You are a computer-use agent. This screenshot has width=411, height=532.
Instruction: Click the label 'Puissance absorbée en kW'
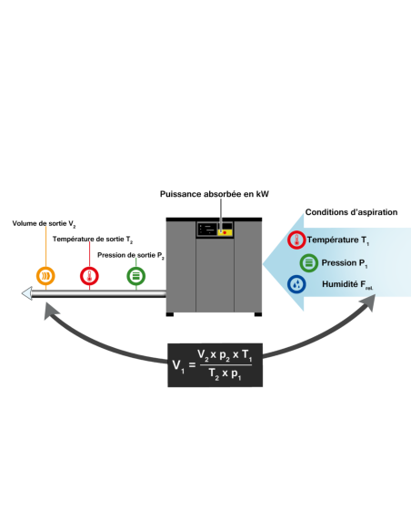click(215, 194)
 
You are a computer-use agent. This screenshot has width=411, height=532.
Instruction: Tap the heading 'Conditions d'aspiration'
click(351, 212)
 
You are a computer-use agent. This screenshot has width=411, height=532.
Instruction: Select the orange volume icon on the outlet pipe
click(45, 276)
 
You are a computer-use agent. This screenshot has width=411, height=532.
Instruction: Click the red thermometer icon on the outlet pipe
click(89, 276)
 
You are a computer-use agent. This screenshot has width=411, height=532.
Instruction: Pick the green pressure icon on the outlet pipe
click(136, 276)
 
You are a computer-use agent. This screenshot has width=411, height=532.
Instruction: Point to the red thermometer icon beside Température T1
click(296, 240)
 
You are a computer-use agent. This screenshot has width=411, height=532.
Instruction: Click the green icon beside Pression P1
click(309, 263)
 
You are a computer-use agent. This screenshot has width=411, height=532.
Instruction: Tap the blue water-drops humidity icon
click(296, 284)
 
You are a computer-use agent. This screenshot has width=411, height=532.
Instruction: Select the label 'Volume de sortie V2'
click(44, 224)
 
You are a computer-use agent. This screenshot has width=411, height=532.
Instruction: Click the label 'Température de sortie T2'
click(93, 240)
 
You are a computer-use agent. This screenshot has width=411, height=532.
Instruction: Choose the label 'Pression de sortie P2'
click(131, 255)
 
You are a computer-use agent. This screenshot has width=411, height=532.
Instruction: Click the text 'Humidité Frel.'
click(347, 284)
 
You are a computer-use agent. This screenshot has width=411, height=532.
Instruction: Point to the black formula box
click(215, 365)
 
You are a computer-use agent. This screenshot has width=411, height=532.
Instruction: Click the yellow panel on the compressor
click(225, 232)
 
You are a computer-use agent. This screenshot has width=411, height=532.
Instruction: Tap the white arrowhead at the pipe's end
click(27, 293)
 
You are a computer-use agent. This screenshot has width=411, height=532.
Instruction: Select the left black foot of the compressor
click(170, 314)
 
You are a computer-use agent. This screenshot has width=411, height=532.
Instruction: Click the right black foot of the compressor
click(258, 314)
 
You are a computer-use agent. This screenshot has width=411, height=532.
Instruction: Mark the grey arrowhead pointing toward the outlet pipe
click(51, 311)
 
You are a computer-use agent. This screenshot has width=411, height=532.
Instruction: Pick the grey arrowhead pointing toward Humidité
click(367, 302)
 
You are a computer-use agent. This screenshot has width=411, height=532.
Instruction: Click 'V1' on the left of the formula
click(178, 366)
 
